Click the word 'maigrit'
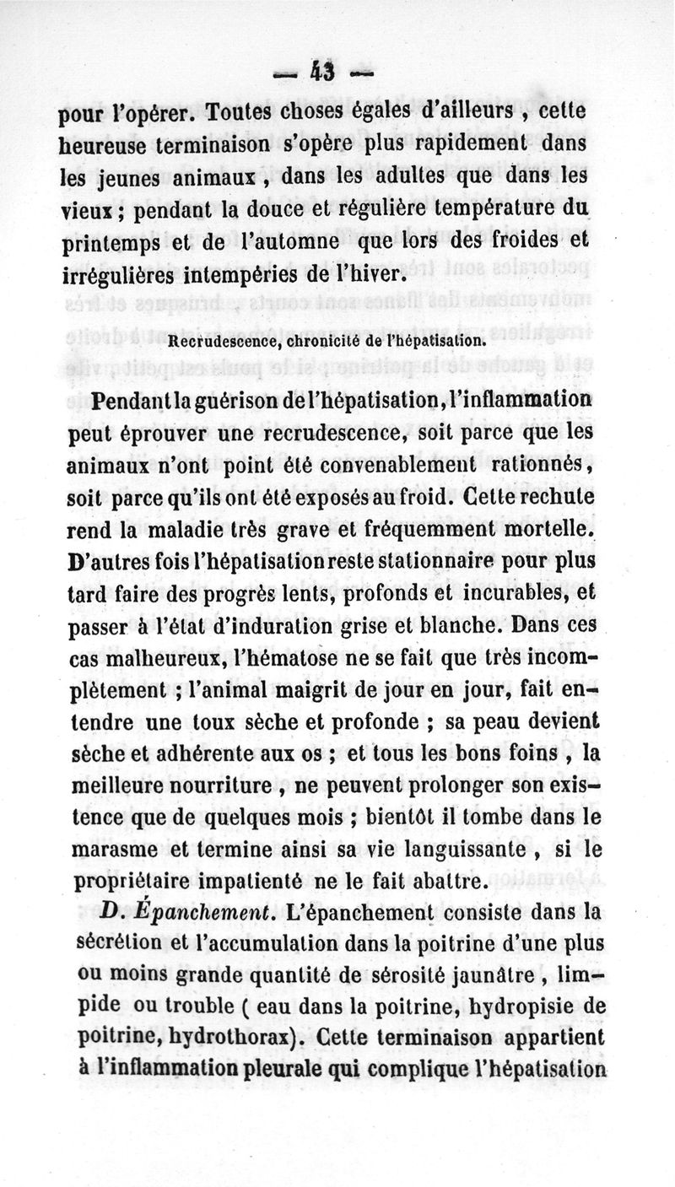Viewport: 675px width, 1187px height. click(285, 690)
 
